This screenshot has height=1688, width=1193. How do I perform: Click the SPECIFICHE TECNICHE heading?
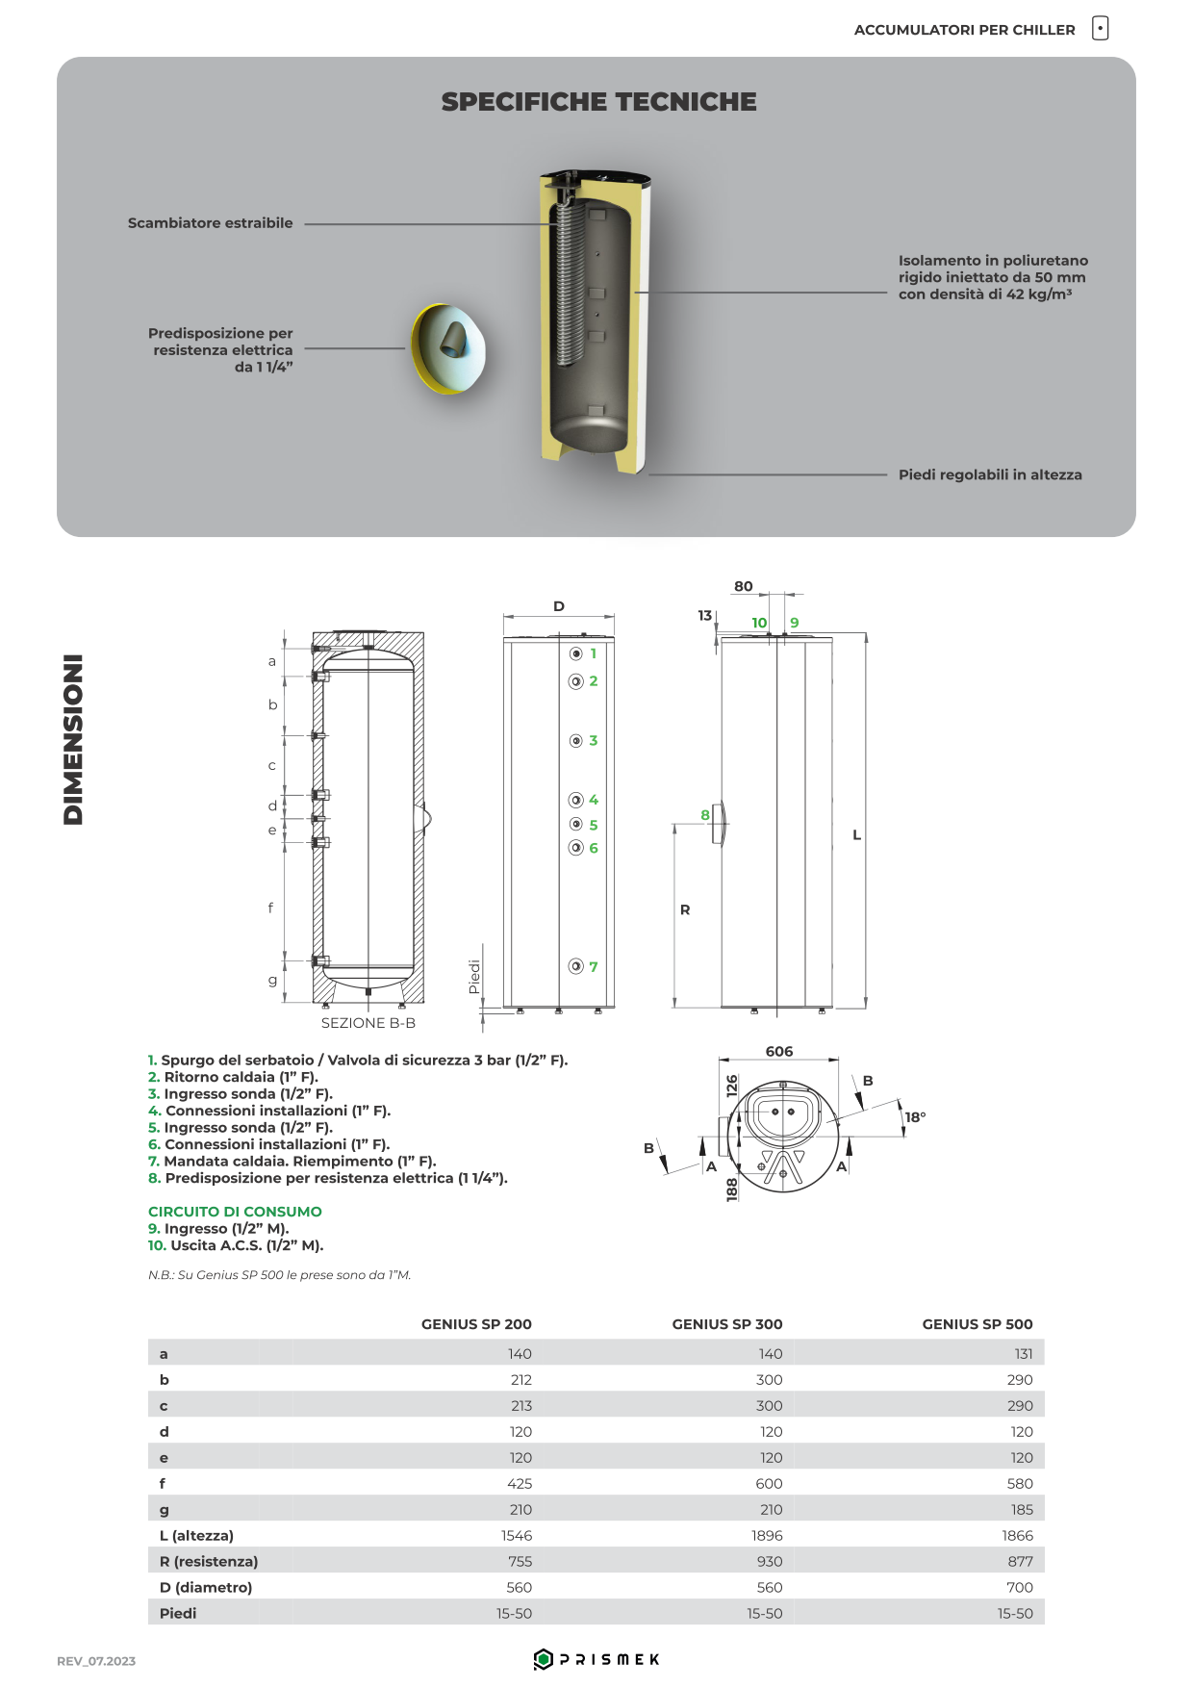point(598,102)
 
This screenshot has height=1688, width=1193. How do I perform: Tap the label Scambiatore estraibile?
point(210,223)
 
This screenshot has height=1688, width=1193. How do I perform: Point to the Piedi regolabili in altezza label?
point(990,475)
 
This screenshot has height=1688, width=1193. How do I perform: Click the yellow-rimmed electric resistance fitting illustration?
point(448,347)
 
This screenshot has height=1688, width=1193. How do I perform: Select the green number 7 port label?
point(594,967)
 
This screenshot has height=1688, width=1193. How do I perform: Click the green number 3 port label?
point(594,741)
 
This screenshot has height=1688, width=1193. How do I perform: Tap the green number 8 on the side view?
point(705,816)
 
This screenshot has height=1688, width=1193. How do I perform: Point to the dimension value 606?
point(779,1052)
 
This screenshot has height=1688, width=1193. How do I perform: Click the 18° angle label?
point(915,1117)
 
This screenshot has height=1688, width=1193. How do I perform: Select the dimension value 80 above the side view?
point(744,587)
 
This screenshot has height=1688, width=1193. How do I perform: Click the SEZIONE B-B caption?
point(368,1024)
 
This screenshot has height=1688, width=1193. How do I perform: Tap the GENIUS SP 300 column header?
point(727,1324)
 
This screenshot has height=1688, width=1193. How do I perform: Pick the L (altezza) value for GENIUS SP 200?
point(517,1536)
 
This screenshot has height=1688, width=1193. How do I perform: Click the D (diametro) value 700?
point(1020,1588)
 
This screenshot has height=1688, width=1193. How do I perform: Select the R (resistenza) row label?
point(209,1562)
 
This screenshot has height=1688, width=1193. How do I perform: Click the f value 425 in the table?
point(520,1484)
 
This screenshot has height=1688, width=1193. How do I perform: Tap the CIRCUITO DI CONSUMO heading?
point(235,1212)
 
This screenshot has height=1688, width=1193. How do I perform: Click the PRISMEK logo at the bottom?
point(596,1659)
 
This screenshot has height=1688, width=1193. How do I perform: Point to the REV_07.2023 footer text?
point(96,1661)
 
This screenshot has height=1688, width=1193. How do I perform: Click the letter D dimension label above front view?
point(559,606)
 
